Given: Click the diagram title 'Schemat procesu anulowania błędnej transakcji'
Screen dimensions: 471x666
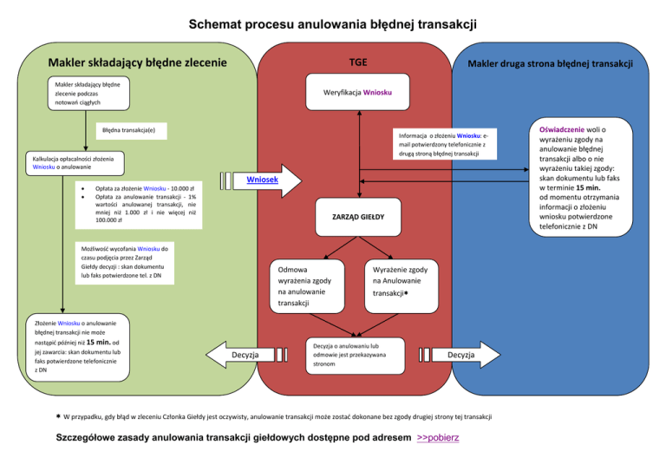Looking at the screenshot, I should click(333, 24).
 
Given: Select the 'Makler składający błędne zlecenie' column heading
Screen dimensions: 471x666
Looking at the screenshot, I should click(138, 62).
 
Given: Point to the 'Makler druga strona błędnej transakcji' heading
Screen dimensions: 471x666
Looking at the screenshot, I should click(550, 63).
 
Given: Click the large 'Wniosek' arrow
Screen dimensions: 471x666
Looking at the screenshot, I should click(269, 180).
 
